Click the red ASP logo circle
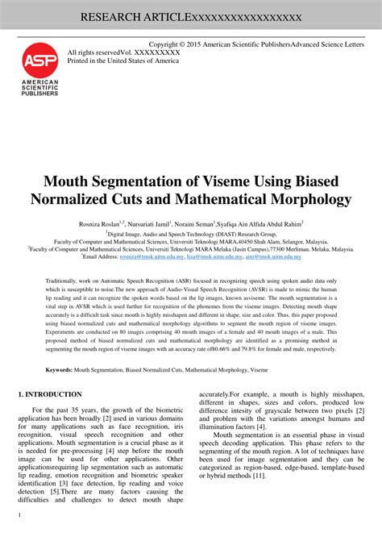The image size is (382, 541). pyautogui.click(x=39, y=60)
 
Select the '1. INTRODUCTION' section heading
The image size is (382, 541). pyautogui.click(x=50, y=394)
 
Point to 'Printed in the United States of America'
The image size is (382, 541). pyautogui.click(x=123, y=60)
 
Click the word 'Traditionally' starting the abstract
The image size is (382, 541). pyautogui.click(x=65, y=279)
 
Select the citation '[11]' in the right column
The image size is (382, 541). pyautogui.click(x=259, y=476)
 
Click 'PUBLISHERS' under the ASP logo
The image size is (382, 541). pyautogui.click(x=39, y=94)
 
